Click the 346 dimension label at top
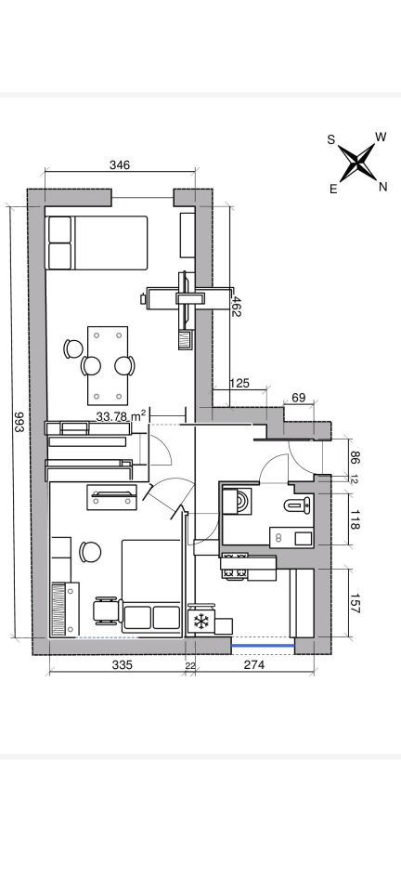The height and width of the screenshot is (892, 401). click(120, 165)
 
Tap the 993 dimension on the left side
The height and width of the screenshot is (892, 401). click(18, 422)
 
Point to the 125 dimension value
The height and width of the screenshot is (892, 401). click(239, 384)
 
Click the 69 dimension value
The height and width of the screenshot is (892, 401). click(298, 398)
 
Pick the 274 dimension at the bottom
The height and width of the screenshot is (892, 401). click(254, 664)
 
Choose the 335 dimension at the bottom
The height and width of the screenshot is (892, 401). click(123, 664)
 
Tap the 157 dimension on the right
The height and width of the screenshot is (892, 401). click(356, 604)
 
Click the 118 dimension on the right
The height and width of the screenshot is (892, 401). click(356, 520)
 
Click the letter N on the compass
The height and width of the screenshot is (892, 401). click(382, 187)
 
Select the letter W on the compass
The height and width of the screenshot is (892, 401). click(381, 137)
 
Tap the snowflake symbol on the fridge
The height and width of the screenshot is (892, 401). click(200, 622)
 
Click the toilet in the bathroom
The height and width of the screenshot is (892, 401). click(299, 504)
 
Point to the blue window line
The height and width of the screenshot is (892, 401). click(263, 646)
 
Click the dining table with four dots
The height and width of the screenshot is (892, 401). click(108, 365)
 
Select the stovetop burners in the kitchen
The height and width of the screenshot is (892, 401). click(235, 566)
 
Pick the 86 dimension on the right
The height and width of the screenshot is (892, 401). click(356, 457)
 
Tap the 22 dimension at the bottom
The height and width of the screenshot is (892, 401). click(189, 665)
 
